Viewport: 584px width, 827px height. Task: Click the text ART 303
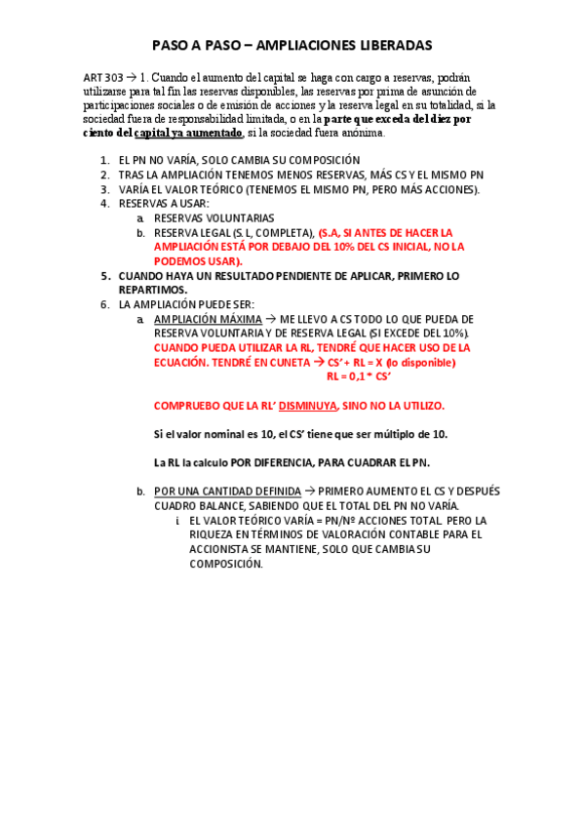[x=103, y=77]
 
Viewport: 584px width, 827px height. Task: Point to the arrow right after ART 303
[x=132, y=77]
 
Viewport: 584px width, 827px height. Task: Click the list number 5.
[x=105, y=276]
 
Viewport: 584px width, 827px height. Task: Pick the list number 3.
[x=105, y=189]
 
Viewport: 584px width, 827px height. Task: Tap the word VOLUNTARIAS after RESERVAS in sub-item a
[x=238, y=218]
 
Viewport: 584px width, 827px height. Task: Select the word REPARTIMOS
[x=154, y=290]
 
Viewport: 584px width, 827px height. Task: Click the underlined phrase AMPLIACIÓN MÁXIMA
[x=208, y=319]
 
